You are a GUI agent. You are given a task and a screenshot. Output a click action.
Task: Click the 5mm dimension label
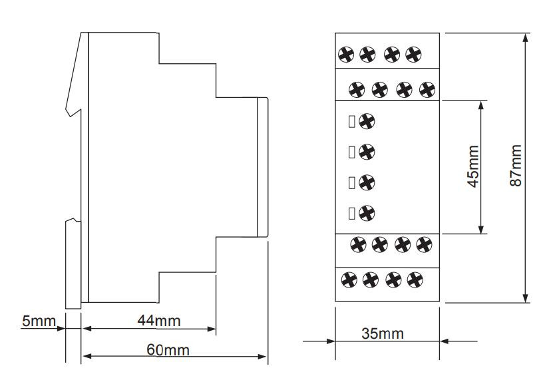(x=39, y=321)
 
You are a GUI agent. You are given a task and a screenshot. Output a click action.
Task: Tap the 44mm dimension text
(x=158, y=321)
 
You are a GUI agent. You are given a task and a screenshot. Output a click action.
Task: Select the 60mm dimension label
(x=167, y=349)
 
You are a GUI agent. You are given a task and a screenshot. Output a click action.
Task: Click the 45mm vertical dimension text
(x=472, y=166)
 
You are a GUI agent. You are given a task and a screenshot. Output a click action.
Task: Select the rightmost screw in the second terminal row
(x=427, y=88)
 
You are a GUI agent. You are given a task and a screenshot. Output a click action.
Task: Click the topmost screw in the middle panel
(x=366, y=121)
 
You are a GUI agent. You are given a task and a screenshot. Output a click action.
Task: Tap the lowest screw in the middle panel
(x=366, y=213)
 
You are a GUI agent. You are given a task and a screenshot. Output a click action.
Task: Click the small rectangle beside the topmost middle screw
(x=351, y=121)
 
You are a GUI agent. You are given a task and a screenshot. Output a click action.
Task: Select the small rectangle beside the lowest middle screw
(x=351, y=213)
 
